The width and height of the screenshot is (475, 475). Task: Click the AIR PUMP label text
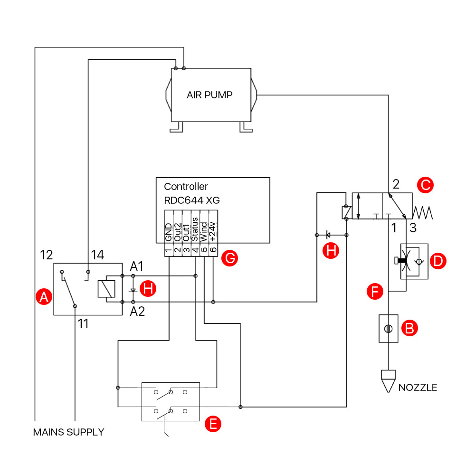[x=209, y=95]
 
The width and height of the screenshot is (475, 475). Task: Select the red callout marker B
[x=409, y=328]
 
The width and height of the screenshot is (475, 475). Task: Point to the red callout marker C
[x=425, y=185]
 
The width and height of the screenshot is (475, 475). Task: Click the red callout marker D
[x=438, y=260]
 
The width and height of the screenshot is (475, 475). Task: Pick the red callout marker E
[x=213, y=424]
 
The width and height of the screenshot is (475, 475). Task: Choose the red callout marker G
[x=229, y=258]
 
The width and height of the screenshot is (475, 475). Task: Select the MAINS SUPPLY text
[x=68, y=432]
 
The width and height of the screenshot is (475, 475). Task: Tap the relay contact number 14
[x=97, y=255]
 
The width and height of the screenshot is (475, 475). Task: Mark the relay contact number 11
[x=83, y=324]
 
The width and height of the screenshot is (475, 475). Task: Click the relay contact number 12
[x=47, y=255]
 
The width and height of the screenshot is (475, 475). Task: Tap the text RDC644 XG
[x=192, y=199]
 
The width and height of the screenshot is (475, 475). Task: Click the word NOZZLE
[x=418, y=388]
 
